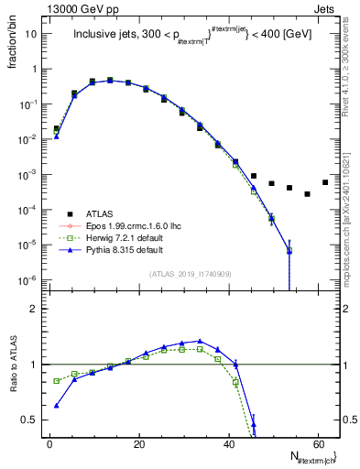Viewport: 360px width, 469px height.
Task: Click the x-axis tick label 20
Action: click(x=139, y=442)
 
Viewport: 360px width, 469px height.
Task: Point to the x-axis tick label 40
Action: click(x=228, y=442)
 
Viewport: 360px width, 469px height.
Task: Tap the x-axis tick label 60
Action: click(x=318, y=442)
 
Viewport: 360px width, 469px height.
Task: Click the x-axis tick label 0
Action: click(x=49, y=442)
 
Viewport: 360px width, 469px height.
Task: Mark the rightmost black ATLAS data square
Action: click(x=325, y=182)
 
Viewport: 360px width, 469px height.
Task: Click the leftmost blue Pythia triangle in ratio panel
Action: click(x=57, y=406)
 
